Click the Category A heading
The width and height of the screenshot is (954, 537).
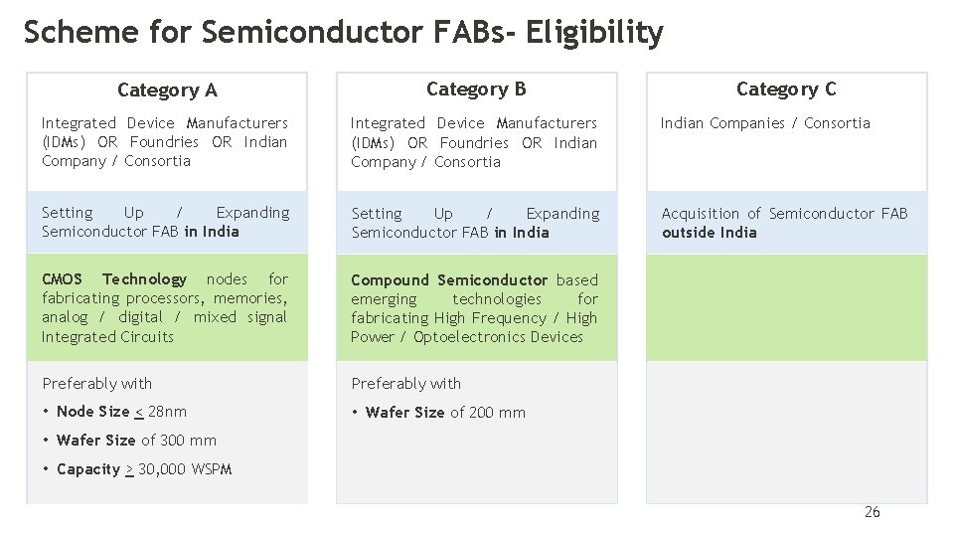click(167, 90)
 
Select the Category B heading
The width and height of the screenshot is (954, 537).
click(476, 89)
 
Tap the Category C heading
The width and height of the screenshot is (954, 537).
click(786, 89)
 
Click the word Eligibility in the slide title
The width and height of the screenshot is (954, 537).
click(594, 33)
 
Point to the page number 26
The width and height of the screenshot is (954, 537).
click(872, 512)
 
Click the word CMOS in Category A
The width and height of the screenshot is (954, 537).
click(62, 279)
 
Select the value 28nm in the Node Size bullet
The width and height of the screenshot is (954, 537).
click(167, 412)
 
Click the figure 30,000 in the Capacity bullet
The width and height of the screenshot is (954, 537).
click(161, 469)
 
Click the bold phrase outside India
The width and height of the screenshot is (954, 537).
click(709, 233)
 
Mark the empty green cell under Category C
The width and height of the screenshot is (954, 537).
click(786, 307)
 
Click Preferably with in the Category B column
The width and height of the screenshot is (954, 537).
click(405, 384)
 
